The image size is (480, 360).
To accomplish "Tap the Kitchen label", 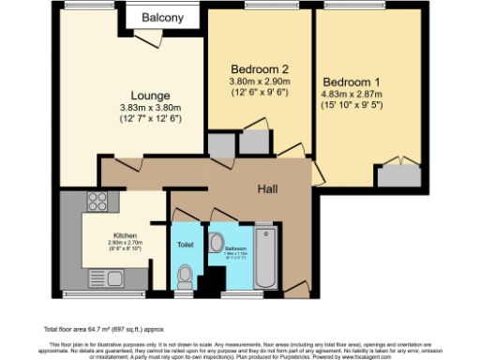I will point(126,234).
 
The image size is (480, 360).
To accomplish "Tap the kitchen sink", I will point(114,277).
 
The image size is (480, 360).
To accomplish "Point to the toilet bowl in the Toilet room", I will point(185,276).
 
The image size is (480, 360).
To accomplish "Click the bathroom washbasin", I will point(217,238).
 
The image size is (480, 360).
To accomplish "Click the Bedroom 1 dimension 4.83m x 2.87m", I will point(354,94).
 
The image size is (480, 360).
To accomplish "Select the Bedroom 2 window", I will point(259,7).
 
